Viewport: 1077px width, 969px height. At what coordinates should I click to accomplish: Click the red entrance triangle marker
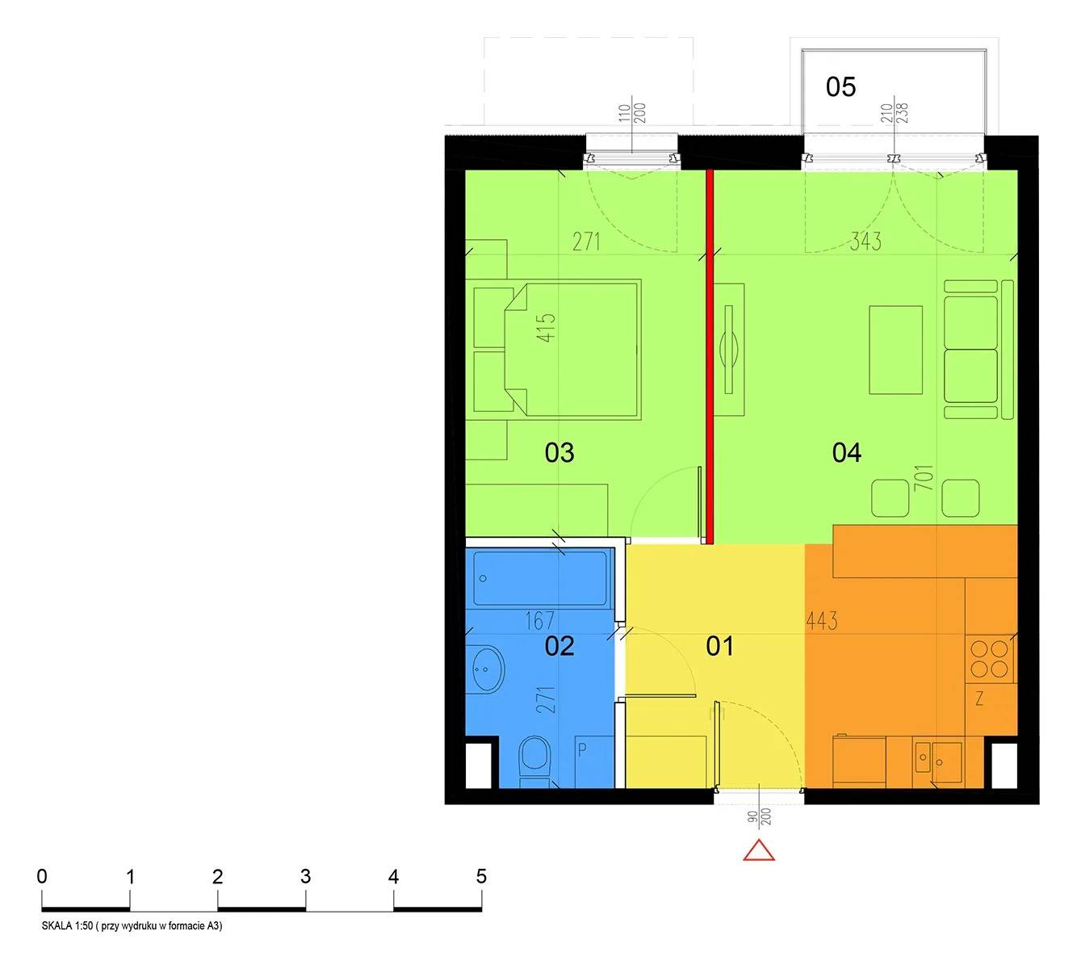coord(758,849)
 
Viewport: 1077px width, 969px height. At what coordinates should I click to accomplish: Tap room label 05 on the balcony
coord(840,87)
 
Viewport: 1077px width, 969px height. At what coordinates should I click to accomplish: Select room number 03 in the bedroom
coord(559,452)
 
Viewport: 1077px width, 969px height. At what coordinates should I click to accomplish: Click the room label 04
coord(847,452)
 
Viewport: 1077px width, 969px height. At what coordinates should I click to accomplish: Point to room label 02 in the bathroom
coord(559,646)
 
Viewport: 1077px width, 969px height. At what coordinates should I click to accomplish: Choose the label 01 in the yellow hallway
coord(719,646)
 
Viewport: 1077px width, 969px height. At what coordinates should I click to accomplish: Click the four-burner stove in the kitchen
coord(989,659)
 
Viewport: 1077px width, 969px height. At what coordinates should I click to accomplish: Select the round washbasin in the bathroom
coord(487,669)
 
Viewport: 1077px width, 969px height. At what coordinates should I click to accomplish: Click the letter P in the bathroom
coord(583,750)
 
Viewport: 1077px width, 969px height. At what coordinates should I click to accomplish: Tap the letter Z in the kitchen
coord(979,698)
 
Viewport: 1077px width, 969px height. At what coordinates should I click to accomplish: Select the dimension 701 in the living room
coord(924,477)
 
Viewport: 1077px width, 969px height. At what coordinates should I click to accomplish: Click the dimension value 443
coord(821,621)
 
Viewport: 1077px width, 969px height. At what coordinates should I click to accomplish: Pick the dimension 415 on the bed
coord(546,328)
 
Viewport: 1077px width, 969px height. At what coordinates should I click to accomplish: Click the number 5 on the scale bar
coord(481,877)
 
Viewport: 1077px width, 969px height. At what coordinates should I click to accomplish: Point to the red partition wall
coord(710,357)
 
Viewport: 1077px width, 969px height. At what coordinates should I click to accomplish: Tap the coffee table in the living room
coord(895,350)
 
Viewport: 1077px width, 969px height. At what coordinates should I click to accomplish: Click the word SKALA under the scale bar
coord(57,925)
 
